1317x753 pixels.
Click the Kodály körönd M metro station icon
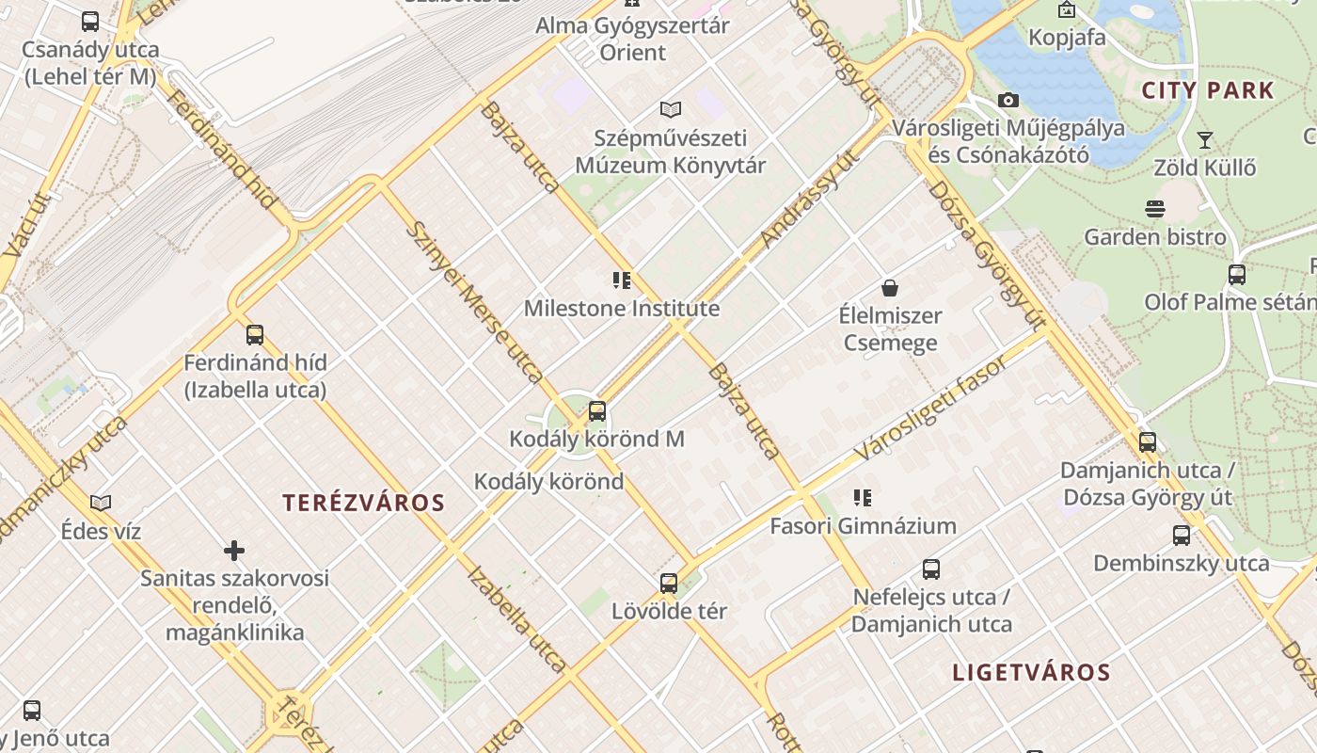click(597, 411)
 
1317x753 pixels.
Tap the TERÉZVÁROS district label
click(364, 503)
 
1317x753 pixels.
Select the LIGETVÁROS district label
click(1032, 673)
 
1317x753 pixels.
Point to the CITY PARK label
click(1208, 91)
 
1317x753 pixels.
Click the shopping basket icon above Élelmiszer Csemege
click(890, 287)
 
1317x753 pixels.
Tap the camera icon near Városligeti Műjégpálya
click(1008, 100)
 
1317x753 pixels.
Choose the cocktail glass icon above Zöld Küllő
click(1204, 140)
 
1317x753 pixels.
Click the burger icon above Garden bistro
click(1155, 208)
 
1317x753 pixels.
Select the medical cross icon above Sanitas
click(234, 550)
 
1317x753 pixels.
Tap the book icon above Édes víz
click(101, 503)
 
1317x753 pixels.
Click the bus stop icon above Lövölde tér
click(669, 583)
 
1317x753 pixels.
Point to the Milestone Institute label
click(622, 309)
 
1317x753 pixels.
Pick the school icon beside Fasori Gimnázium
click(863, 497)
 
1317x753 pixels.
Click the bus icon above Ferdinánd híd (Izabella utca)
click(255, 334)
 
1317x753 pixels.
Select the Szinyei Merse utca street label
click(475, 301)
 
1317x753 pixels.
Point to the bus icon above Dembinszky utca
click(1182, 536)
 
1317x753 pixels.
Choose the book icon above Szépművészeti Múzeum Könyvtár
click(670, 109)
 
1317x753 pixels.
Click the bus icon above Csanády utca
click(90, 21)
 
